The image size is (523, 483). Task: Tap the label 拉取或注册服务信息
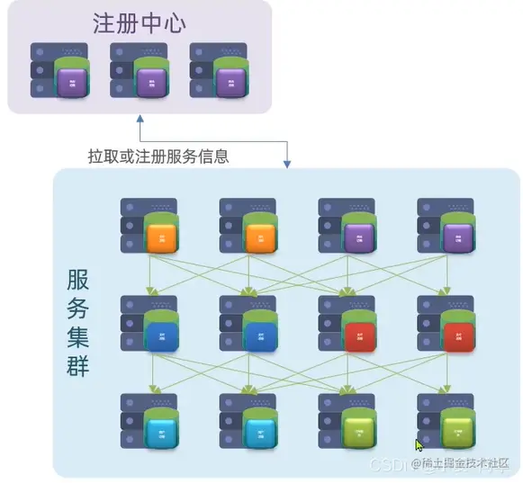point(158,156)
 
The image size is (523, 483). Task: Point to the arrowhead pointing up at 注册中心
point(140,118)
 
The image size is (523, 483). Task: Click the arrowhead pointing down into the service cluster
point(287,164)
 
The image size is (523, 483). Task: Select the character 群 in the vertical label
point(77,366)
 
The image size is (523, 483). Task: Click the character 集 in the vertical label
point(77,337)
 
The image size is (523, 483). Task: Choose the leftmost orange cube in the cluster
point(161,238)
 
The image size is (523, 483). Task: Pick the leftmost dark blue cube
point(161,336)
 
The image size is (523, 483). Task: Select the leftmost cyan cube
point(161,434)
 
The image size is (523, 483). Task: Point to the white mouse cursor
point(419,444)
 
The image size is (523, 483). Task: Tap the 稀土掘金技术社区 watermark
point(461,464)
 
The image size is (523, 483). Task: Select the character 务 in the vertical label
point(77,309)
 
